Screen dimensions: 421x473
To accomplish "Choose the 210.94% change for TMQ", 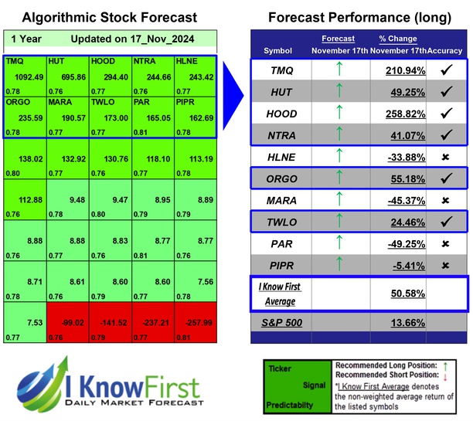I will point(404,72).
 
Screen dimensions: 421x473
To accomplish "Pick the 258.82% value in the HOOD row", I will point(404,113).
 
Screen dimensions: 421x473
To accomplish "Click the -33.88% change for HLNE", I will point(404,157).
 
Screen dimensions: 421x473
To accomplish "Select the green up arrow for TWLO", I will point(338,222).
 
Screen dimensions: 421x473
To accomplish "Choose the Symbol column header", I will point(278,50).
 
